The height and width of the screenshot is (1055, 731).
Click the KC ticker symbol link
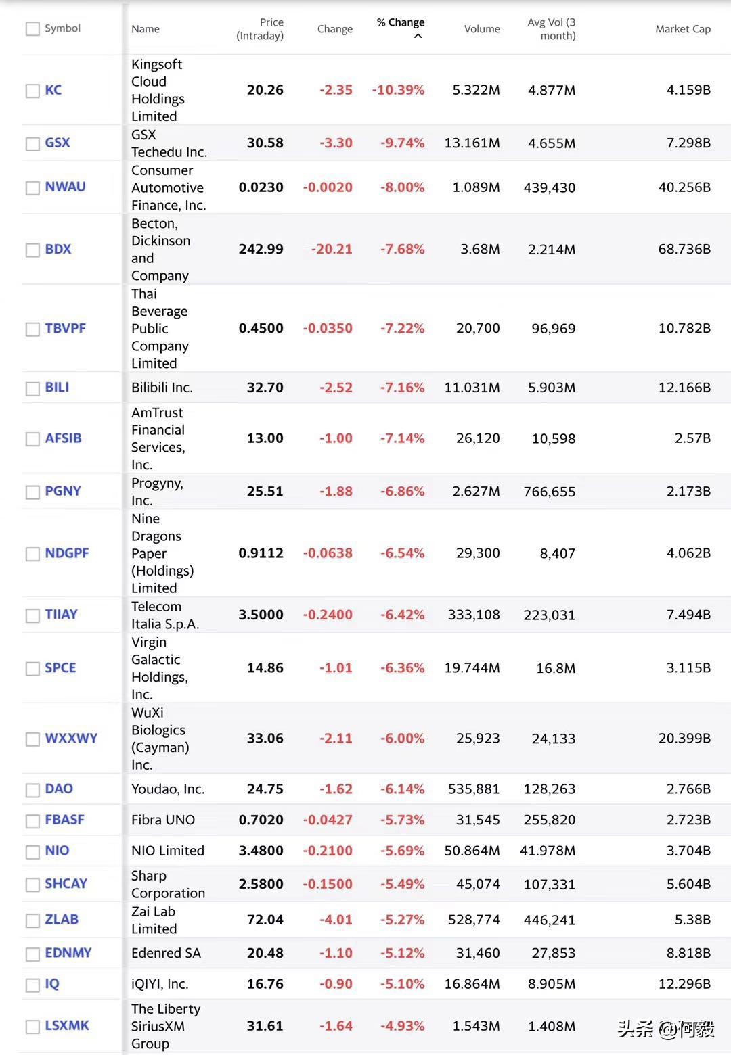pyautogui.click(x=53, y=90)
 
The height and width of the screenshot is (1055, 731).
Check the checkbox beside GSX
pyautogui.click(x=32, y=144)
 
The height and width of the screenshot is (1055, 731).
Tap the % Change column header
pyautogui.click(x=401, y=22)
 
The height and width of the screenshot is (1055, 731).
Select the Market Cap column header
pyautogui.click(x=682, y=29)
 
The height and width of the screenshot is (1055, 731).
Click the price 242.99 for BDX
pyautogui.click(x=261, y=249)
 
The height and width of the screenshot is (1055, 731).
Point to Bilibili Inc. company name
pyautogui.click(x=162, y=388)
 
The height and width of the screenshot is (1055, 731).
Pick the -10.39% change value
pyautogui.click(x=398, y=90)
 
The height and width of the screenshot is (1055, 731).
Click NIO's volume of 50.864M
pyautogui.click(x=472, y=851)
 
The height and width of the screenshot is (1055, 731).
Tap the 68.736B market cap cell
pyautogui.click(x=684, y=249)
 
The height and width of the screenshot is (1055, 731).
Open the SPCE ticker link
pyautogui.click(x=60, y=668)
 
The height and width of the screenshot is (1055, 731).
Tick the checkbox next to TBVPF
pyautogui.click(x=32, y=329)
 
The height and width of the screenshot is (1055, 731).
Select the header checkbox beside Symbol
pyautogui.click(x=32, y=29)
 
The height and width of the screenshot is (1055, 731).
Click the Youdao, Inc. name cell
pyautogui.click(x=168, y=789)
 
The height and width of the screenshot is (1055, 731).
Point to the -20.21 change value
pyautogui.click(x=332, y=249)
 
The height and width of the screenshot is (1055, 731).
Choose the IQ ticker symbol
pyautogui.click(x=52, y=984)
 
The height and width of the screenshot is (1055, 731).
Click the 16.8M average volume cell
pyautogui.click(x=556, y=668)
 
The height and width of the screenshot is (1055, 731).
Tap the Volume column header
pyautogui.click(x=482, y=29)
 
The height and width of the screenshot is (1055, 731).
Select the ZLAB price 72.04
pyautogui.click(x=265, y=920)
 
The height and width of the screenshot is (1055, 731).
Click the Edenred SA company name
pyautogui.click(x=166, y=953)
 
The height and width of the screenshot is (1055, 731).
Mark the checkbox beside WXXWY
pyautogui.click(x=32, y=739)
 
